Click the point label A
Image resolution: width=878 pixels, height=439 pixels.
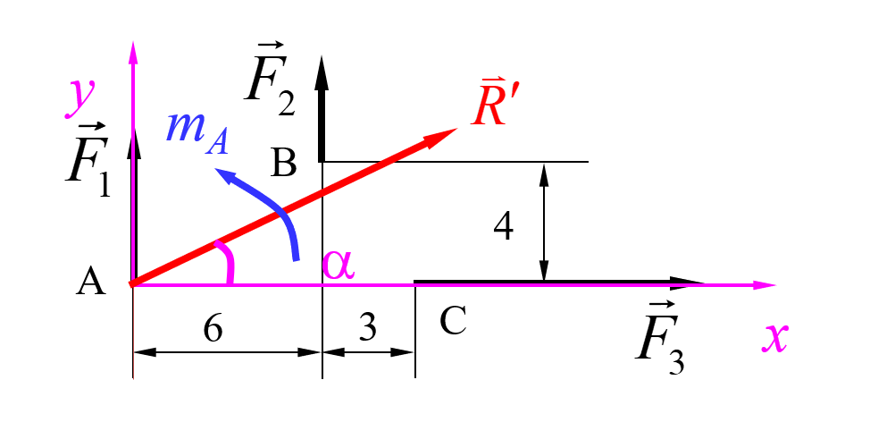pos(91,282)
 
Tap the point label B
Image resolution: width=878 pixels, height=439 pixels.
pos(283,163)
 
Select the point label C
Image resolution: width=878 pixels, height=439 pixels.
pos(453,321)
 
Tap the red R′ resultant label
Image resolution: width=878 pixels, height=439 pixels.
pos(489,106)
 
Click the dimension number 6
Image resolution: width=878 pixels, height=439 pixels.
pos(213,330)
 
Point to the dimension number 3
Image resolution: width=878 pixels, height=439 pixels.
pos(367,328)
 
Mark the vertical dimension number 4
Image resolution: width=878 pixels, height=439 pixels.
pos(504,228)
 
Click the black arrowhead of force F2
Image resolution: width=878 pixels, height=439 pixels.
pos(322,73)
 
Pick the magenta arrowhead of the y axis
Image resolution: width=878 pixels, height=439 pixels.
pos(133,53)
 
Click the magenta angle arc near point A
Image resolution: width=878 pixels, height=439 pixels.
pos(228,261)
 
